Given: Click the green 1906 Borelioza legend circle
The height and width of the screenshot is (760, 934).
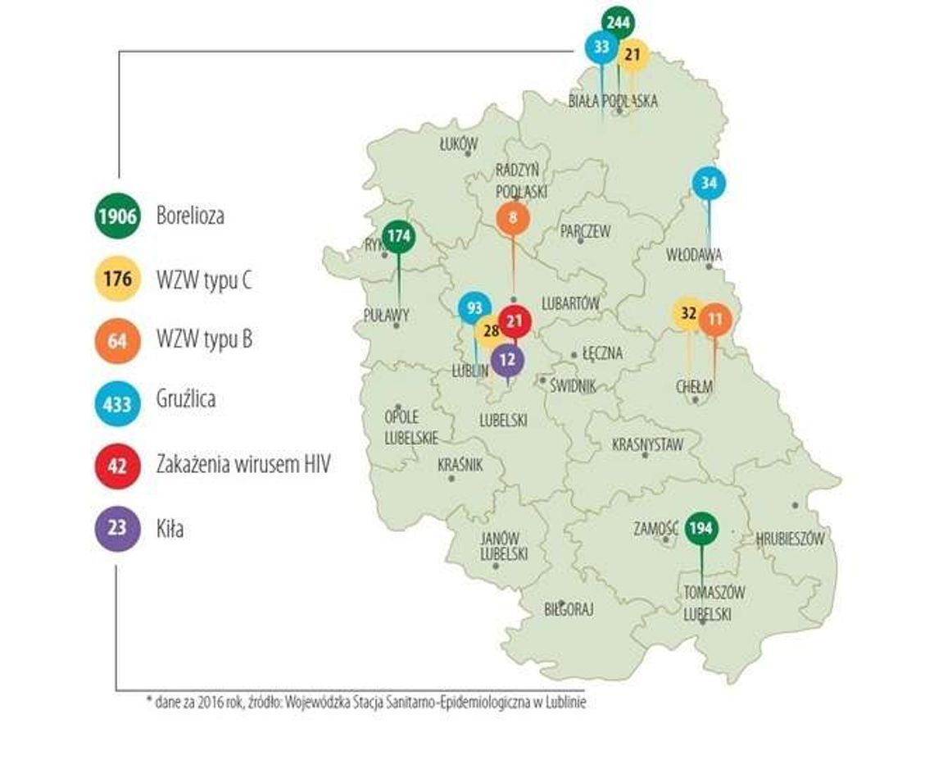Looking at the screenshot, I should (118, 216).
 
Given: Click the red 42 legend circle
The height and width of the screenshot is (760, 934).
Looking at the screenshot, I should (118, 466).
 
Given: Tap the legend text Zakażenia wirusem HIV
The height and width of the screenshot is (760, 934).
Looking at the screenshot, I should (243, 466).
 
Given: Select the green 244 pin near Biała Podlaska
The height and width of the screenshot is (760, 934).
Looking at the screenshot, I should (618, 23).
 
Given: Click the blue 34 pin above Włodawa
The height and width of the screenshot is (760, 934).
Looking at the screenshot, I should (710, 184).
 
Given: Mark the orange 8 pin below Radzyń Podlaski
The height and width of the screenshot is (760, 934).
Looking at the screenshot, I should (513, 219).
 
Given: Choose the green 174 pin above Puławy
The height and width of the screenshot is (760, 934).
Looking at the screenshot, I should (399, 237).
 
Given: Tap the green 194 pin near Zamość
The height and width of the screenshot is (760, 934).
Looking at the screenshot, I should (701, 528).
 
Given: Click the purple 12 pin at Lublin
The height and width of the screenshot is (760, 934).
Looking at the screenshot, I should (508, 358).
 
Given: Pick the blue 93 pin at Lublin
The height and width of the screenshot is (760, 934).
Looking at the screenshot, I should (474, 309).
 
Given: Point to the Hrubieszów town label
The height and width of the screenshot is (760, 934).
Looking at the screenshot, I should (791, 539).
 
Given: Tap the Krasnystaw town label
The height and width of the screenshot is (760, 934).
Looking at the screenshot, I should (647, 444).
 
